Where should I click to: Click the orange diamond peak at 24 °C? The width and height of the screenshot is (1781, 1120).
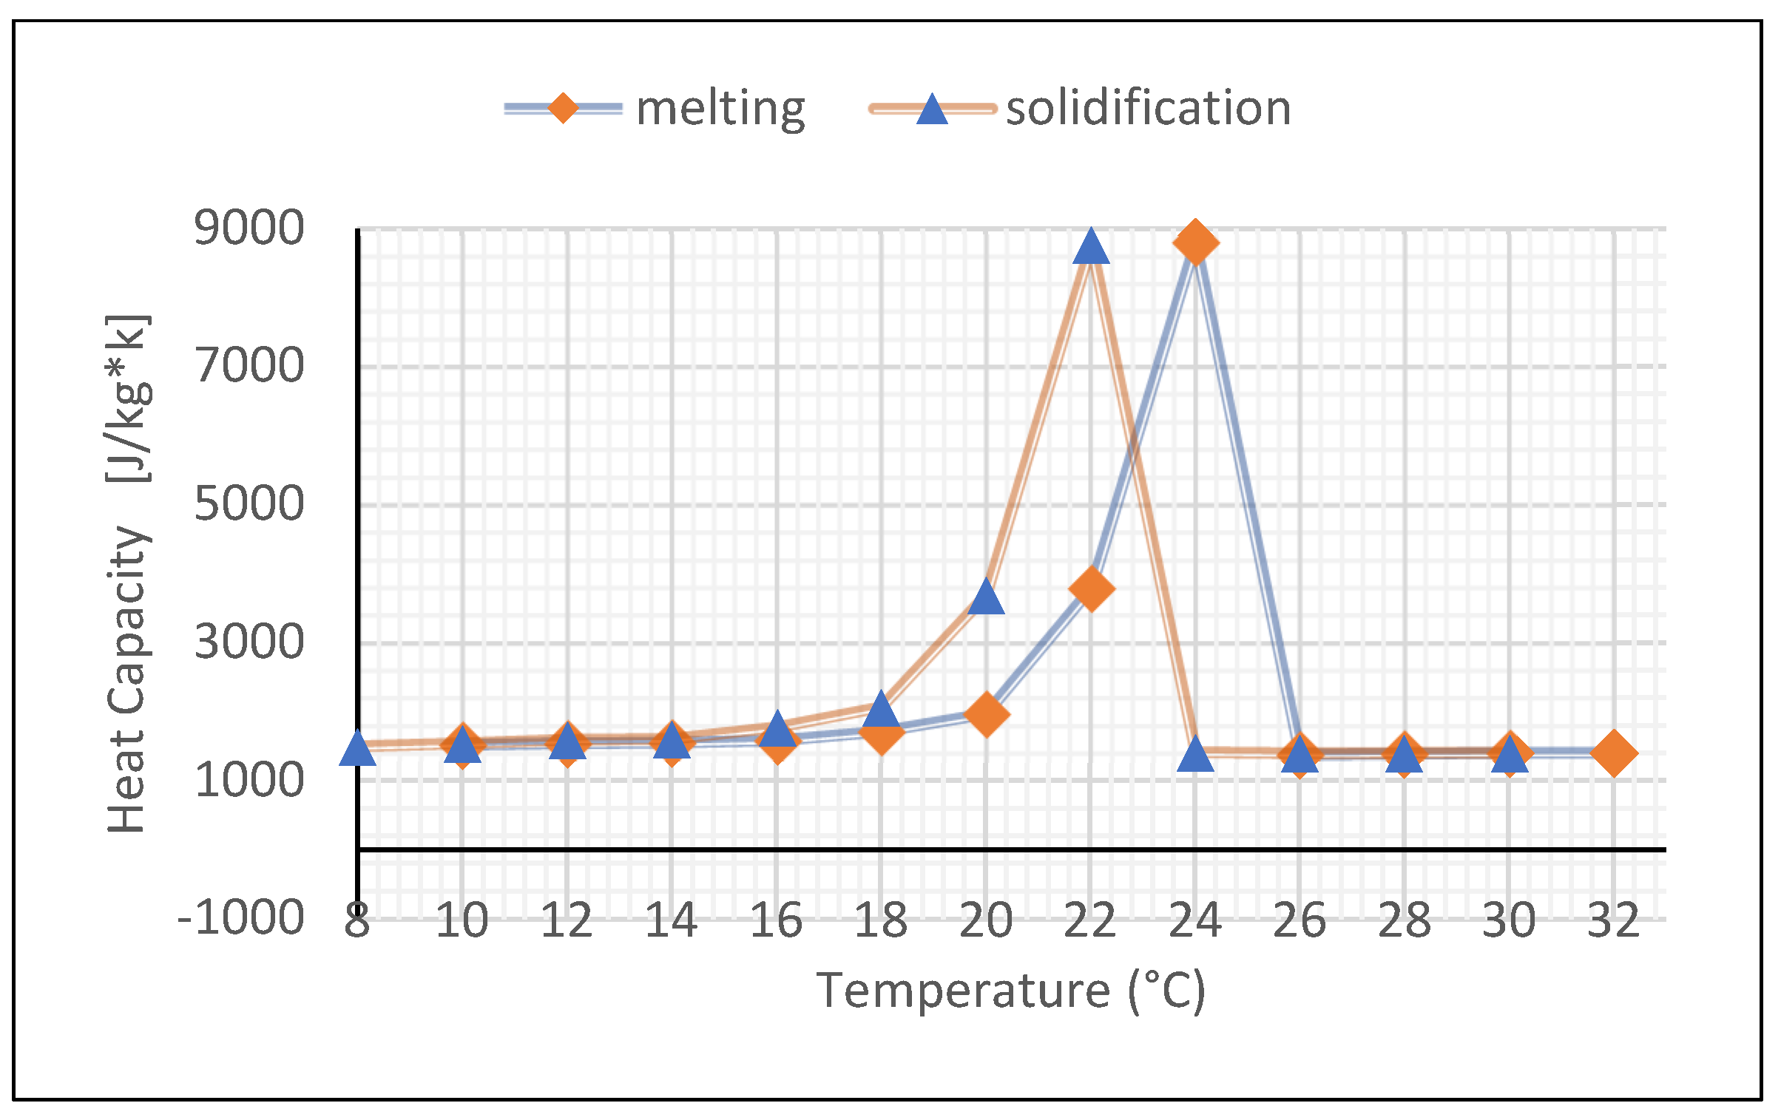[1195, 242]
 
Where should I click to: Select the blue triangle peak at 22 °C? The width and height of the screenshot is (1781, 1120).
[1091, 248]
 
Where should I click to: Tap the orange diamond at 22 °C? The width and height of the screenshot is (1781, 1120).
[1091, 588]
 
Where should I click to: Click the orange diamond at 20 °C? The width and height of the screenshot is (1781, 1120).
[986, 714]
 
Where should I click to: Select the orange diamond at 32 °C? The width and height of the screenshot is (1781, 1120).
[1614, 753]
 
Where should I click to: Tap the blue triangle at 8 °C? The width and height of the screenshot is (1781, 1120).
[357, 749]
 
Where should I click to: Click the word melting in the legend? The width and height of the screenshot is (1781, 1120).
[720, 108]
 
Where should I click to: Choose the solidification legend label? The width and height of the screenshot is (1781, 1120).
[1148, 108]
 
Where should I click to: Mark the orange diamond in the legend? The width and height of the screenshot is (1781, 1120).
[563, 109]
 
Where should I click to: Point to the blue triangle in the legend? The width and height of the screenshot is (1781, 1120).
[932, 110]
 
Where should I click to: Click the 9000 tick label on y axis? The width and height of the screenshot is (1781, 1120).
[249, 228]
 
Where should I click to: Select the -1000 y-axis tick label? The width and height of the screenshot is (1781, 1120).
[241, 918]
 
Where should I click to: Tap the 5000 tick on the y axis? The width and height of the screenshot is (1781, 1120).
[249, 504]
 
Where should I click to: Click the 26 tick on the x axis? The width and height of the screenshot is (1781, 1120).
[1300, 921]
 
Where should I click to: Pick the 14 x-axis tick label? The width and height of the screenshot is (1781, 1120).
[671, 921]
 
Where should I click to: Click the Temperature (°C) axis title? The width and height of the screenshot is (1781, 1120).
[1010, 991]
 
